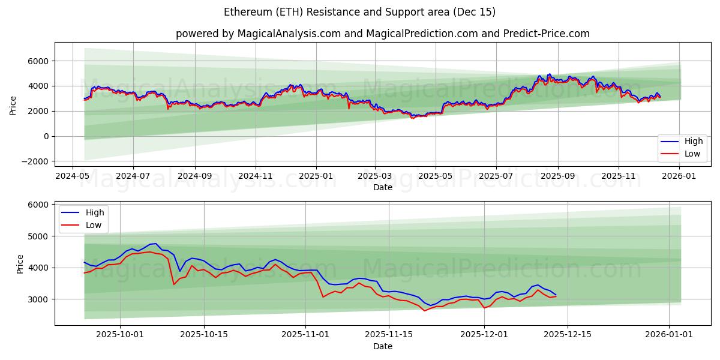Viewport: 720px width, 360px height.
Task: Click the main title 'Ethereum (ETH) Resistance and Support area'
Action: coord(359,12)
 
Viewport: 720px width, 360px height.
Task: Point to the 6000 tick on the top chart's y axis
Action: coord(37,61)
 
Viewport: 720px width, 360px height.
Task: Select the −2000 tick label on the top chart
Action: coord(34,161)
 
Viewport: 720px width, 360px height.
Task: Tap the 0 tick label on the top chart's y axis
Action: coord(46,136)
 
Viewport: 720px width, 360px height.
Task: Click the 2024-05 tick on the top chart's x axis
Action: coord(73,176)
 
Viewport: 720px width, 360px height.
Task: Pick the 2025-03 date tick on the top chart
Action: coord(375,176)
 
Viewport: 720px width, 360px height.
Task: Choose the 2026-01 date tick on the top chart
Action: coord(679,176)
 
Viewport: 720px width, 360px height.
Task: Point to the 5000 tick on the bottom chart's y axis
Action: coord(37,236)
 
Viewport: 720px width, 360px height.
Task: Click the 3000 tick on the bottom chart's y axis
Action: coord(37,299)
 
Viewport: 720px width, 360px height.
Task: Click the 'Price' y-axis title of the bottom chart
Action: coord(20,263)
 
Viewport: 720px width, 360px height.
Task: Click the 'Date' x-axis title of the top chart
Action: coord(382,187)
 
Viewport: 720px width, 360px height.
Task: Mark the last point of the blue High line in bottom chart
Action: coord(556,295)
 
